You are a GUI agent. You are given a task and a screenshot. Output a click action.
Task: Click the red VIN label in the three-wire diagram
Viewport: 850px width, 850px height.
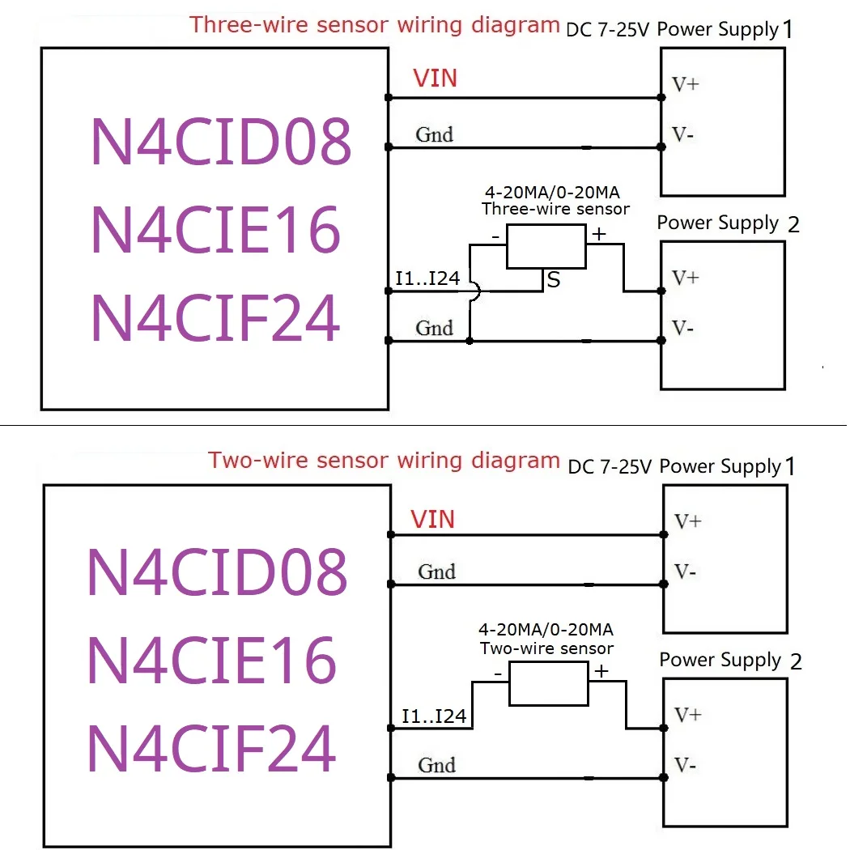435,79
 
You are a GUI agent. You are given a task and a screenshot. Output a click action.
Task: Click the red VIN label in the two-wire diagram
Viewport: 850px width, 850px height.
432,520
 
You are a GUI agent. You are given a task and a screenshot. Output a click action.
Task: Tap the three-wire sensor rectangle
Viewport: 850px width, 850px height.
546,246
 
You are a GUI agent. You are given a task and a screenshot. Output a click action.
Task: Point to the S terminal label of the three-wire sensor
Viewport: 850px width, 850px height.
554,281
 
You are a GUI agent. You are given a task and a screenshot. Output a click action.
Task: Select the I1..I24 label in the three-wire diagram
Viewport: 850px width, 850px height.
427,279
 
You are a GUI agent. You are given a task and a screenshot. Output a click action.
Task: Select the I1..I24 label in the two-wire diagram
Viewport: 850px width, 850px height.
434,716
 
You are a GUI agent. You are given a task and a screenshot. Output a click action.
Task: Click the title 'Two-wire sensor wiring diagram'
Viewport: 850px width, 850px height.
384,461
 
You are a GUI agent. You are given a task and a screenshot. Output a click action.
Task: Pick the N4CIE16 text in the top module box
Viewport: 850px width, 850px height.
215,229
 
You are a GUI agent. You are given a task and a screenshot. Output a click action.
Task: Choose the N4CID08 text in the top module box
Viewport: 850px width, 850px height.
221,141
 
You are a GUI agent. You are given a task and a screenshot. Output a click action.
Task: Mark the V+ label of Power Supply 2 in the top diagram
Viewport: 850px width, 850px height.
686,278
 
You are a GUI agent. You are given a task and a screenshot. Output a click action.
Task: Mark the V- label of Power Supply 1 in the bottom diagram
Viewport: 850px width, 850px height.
684,572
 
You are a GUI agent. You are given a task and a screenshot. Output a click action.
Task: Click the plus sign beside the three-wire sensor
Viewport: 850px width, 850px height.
599,235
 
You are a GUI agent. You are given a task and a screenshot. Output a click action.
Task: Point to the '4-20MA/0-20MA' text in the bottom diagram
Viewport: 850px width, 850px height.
546,630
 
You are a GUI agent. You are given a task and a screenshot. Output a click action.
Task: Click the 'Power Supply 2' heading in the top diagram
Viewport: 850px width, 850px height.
728,223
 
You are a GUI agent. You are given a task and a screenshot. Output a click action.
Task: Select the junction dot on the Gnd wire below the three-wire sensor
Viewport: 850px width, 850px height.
470,342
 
